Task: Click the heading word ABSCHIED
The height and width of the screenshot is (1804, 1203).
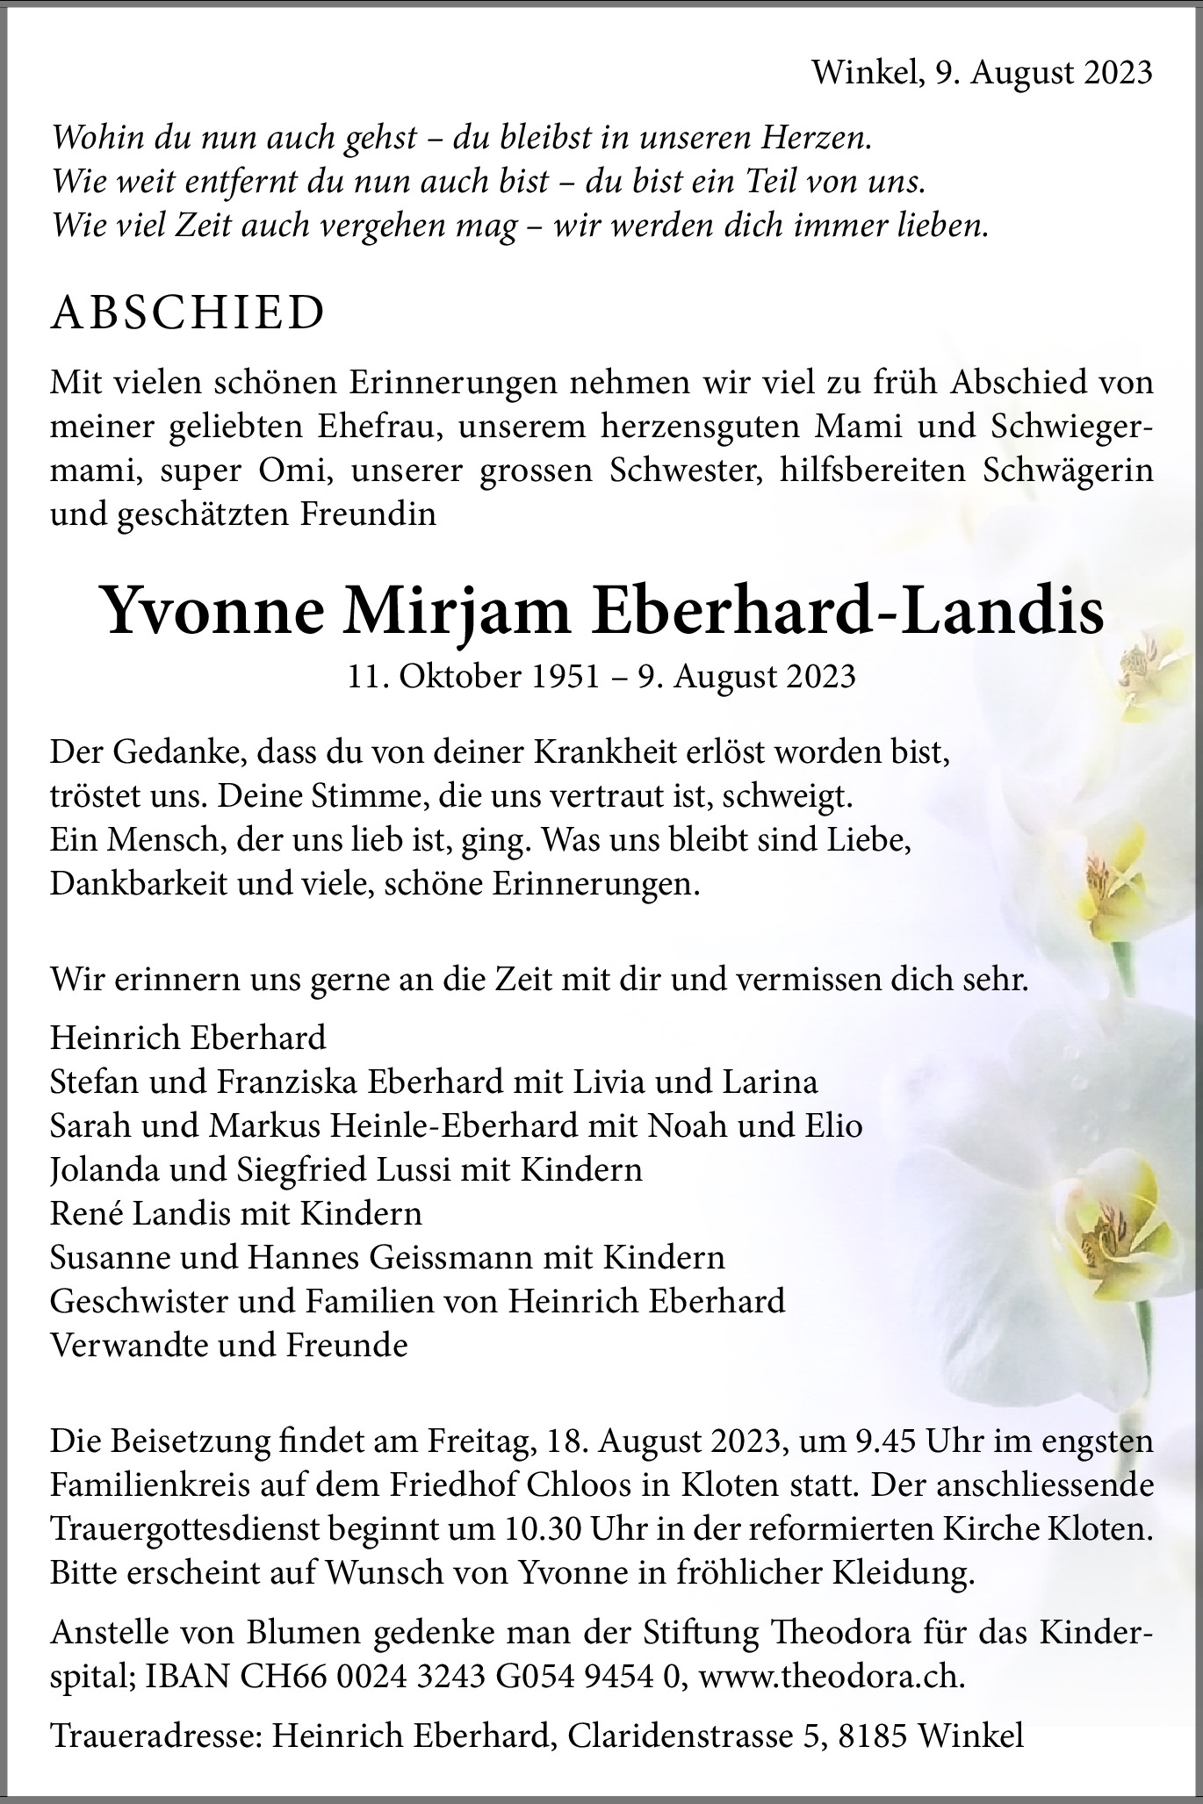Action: (188, 313)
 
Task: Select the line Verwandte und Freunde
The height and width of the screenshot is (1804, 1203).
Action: (229, 1345)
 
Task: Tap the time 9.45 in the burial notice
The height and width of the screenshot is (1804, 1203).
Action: (871, 1441)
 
